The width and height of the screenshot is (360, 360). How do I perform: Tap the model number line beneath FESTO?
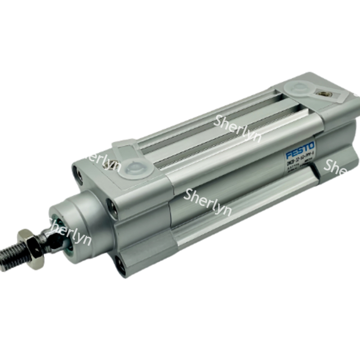coord(300,158)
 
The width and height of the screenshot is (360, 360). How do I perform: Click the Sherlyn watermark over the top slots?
coord(238,127)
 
